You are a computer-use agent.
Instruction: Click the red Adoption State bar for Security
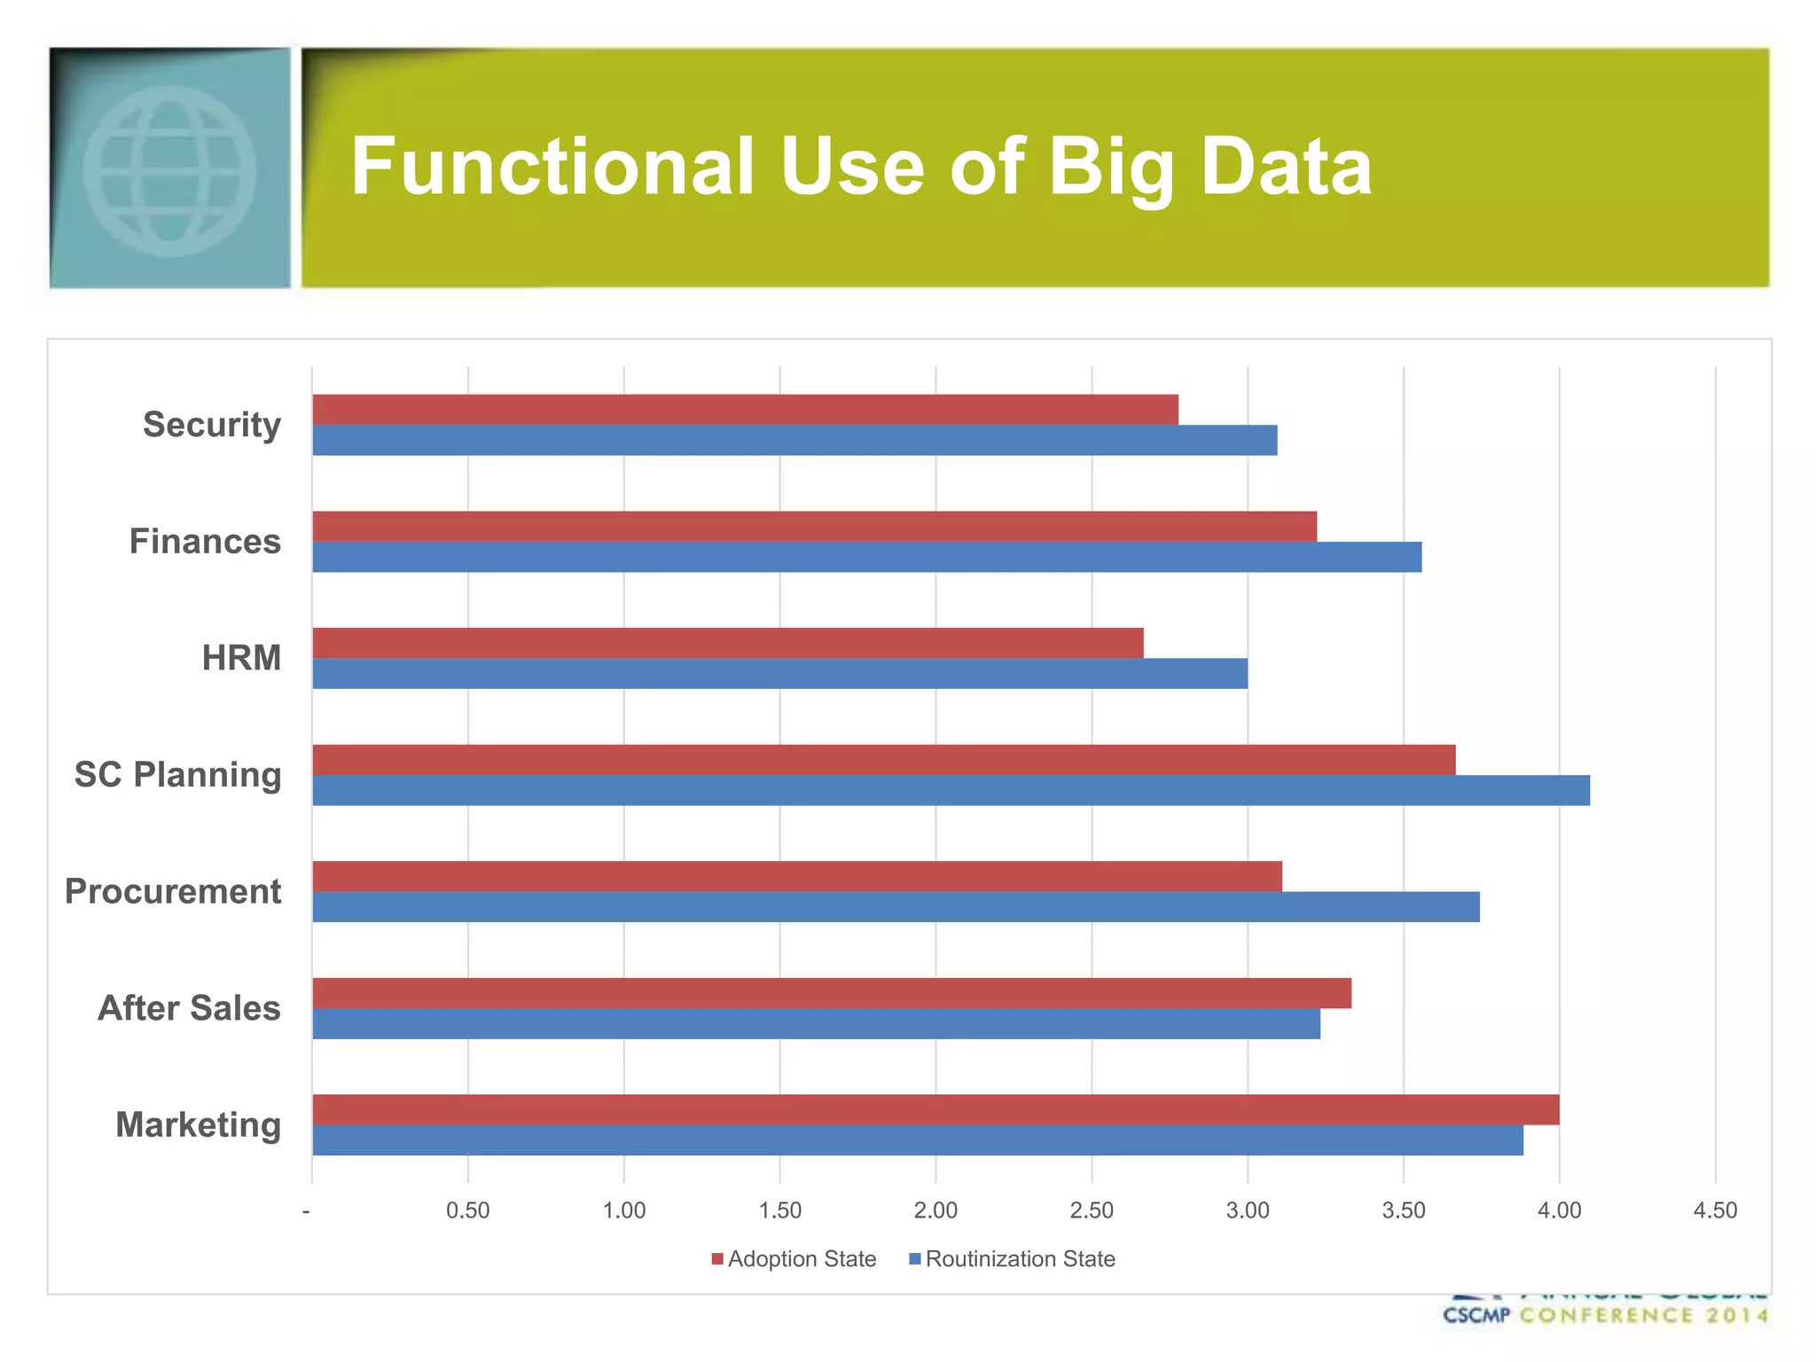click(745, 410)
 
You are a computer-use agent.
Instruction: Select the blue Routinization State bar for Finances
click(866, 557)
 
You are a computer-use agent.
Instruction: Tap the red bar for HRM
click(727, 643)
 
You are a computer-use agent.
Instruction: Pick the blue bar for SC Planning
click(951, 790)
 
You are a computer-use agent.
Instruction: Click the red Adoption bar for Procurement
click(796, 876)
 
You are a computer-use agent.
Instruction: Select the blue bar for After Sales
click(816, 1023)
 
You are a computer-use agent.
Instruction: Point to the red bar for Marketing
click(935, 1109)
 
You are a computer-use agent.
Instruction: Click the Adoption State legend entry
click(794, 1259)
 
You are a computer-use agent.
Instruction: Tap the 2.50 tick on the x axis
click(1092, 1210)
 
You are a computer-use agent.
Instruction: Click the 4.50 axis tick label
click(1715, 1210)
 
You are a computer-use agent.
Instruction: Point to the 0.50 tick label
click(467, 1210)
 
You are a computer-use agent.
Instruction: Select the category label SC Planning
click(177, 775)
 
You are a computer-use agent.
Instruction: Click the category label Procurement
click(173, 891)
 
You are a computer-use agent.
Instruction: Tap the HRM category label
click(241, 658)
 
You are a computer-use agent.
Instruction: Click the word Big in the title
click(1112, 168)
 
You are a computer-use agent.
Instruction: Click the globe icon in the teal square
click(169, 171)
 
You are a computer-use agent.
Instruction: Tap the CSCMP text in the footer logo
click(1475, 1315)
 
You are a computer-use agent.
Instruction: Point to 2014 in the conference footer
click(1735, 1315)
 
